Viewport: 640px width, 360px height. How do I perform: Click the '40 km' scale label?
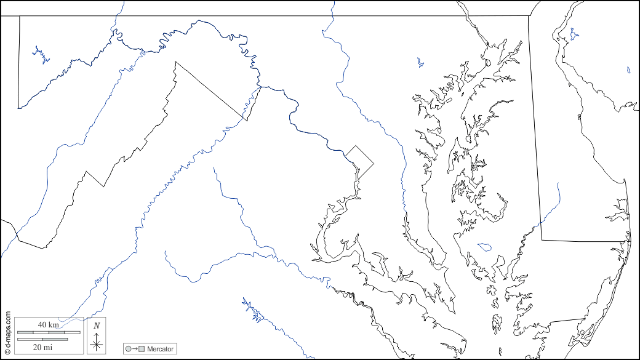48,324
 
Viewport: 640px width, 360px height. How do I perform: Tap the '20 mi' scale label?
42,347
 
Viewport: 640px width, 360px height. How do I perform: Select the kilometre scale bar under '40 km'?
49,332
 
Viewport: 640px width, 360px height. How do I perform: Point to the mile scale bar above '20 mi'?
42,339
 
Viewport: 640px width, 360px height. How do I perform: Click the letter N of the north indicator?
97,326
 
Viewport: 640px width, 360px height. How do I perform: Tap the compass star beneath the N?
97,343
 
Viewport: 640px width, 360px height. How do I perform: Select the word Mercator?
160,349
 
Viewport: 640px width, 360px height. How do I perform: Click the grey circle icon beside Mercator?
128,349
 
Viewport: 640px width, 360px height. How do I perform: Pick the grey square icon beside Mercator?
142,349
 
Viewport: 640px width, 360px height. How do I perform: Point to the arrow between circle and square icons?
135,349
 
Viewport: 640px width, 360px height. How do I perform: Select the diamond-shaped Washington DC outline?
359,161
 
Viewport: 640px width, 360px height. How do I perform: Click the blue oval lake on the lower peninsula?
484,247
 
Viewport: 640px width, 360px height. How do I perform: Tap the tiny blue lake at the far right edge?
628,70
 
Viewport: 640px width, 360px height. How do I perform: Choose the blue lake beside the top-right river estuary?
574,34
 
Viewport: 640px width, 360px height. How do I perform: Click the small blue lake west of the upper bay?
420,62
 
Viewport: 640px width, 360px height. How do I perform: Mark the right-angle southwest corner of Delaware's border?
542,240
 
